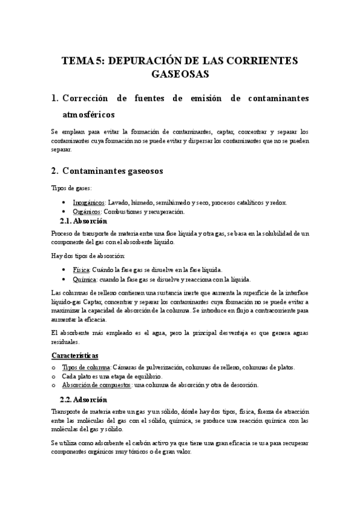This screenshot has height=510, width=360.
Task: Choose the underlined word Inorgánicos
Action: [89, 203]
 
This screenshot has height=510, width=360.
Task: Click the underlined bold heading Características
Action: [75, 356]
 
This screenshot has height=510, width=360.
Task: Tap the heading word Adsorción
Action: [93, 399]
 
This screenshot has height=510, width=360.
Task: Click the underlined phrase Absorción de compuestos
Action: [96, 385]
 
